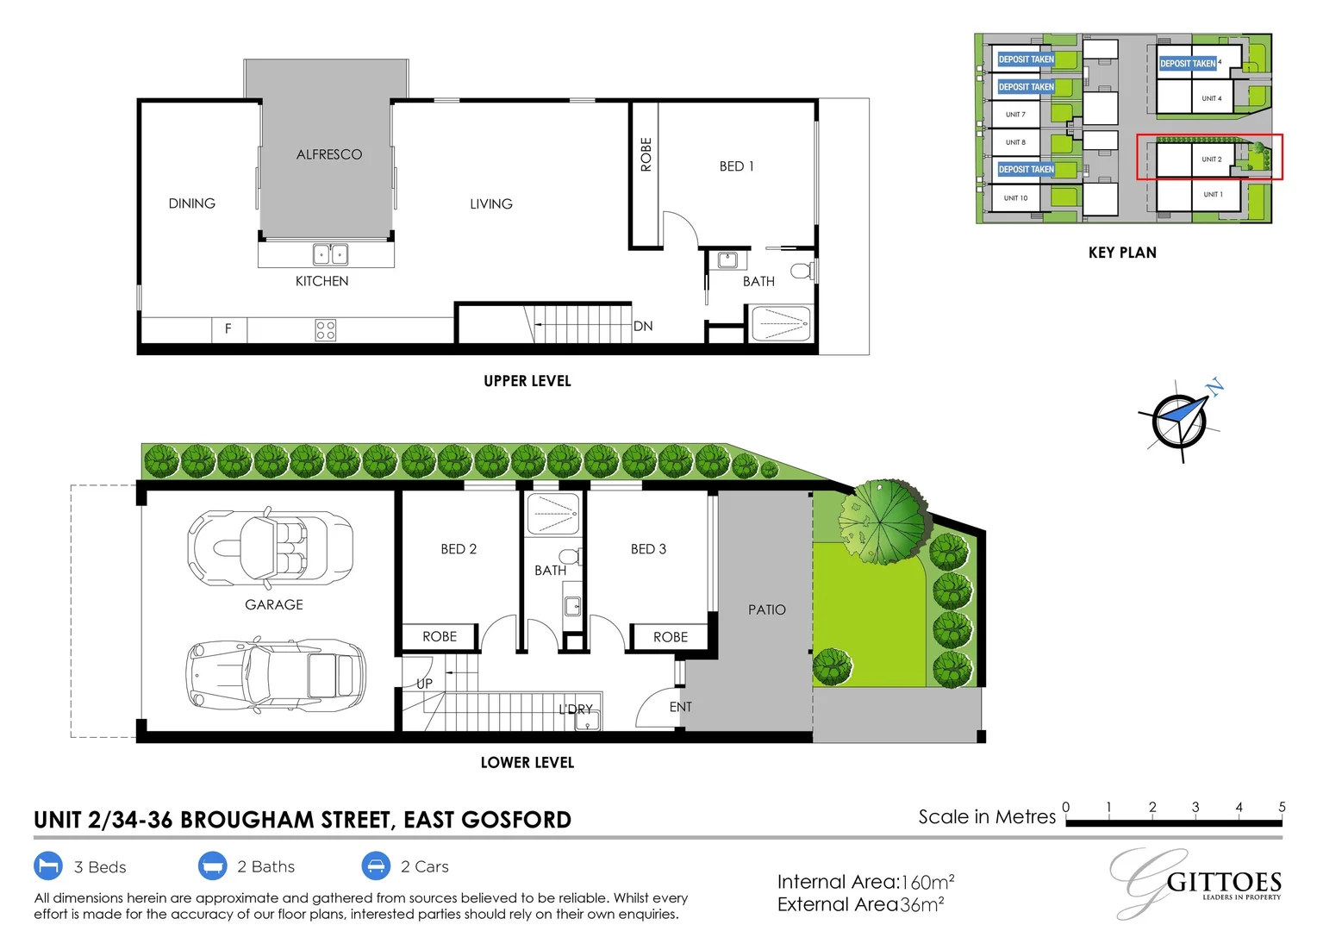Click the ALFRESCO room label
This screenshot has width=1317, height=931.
tap(329, 154)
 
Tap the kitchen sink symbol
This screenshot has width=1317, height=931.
tap(330, 254)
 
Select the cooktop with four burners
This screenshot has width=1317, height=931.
tap(325, 330)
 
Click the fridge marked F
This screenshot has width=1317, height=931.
tap(228, 328)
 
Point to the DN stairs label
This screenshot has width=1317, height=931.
tap(643, 326)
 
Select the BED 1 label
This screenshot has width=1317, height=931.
tap(736, 166)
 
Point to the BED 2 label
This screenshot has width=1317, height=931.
tap(459, 549)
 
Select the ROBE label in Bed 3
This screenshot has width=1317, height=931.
tap(670, 637)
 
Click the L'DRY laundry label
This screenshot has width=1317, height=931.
tap(575, 709)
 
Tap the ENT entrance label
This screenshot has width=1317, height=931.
tap(680, 707)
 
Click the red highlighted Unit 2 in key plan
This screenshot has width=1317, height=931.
tap(1209, 157)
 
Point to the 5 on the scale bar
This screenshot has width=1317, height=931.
tap(1282, 807)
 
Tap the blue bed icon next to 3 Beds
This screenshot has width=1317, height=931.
tap(48, 865)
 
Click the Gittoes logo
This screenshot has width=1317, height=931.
tap(1199, 883)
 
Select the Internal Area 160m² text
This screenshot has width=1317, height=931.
tap(865, 882)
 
